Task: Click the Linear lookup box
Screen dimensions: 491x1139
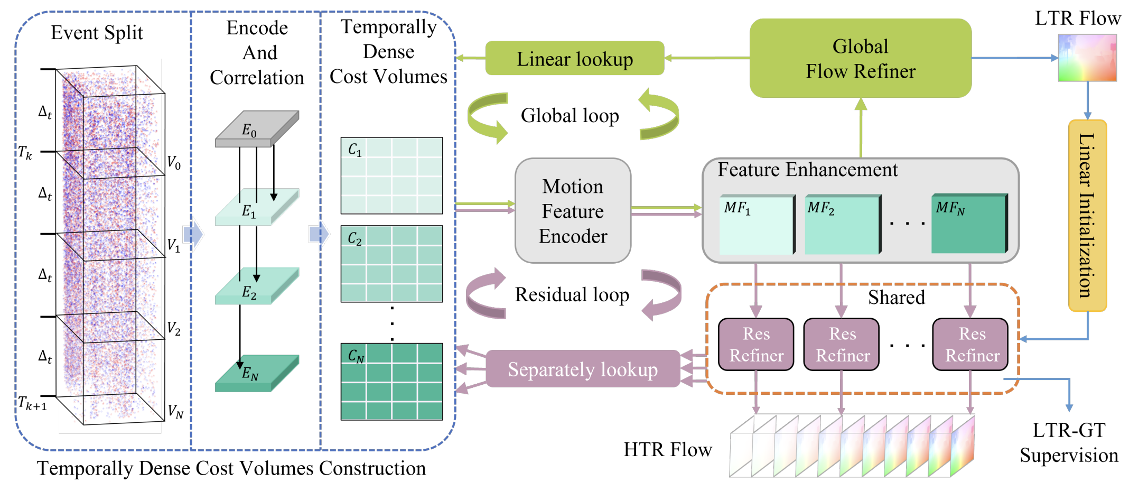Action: pos(575,59)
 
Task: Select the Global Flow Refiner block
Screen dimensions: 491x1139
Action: pos(860,59)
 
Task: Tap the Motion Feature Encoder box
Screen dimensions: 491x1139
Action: pos(573,211)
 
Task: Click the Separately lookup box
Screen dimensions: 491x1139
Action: pos(582,369)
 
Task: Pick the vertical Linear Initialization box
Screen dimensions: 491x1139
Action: pos(1087,216)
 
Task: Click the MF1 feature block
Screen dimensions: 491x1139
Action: pos(757,225)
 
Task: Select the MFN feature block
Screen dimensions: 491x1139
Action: pos(969,224)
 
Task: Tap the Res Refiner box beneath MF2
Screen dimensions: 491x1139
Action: pos(842,345)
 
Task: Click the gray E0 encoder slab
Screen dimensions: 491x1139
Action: pos(257,129)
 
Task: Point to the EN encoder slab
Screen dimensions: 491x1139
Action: pos(257,374)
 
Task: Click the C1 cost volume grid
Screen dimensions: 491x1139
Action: pos(391,175)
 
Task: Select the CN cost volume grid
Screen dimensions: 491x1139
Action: pos(391,382)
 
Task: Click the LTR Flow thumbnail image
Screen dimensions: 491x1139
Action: pos(1087,58)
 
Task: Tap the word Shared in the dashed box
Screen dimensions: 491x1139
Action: pos(897,298)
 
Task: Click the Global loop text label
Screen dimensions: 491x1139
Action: pos(569,116)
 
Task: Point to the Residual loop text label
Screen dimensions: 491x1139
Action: pos(572,294)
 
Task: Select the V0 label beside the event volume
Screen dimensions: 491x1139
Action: pos(174,162)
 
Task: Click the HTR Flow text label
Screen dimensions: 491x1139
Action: pos(668,450)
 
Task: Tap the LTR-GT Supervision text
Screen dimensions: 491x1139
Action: pos(1069,443)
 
